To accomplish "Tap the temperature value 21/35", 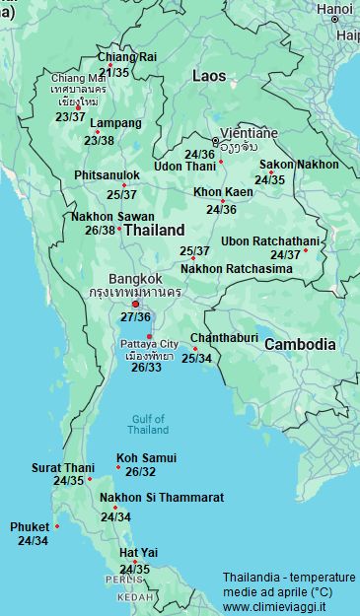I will tap(113, 72).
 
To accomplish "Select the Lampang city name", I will tap(115, 124).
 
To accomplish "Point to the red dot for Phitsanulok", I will tap(124, 185).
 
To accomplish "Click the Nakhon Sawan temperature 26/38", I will tap(100, 230).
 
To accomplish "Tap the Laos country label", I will tap(208, 76).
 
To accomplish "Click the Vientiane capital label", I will tap(249, 133).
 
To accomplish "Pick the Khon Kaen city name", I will tap(222, 192).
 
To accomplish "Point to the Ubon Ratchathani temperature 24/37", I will tap(285, 255).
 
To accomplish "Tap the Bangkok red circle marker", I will tap(135, 304).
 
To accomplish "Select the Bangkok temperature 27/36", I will tap(135, 317).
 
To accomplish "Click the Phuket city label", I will tap(30, 527).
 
